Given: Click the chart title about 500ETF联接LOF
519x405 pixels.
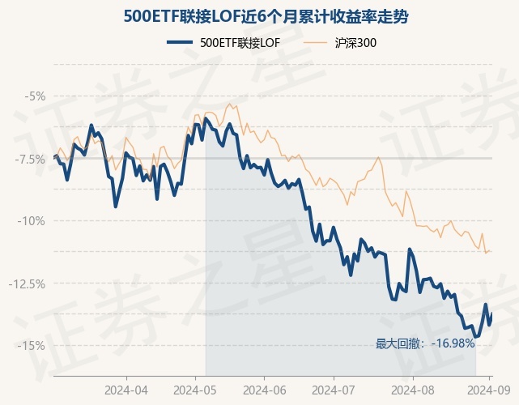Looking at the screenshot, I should click(x=259, y=15).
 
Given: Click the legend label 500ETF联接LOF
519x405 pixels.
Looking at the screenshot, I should click(x=240, y=43).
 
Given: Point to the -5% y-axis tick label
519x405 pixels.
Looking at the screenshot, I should click(x=35, y=96).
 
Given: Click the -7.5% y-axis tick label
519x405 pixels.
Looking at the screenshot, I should click(x=31, y=159).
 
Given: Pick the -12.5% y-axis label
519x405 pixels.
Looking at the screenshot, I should click(x=29, y=283).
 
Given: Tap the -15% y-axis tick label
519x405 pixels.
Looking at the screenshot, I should click(x=32, y=346).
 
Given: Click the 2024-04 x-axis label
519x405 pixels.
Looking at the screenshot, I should click(x=126, y=390).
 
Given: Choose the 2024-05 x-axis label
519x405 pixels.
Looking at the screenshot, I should click(x=196, y=390).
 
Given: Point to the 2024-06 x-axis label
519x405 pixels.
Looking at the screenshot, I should click(x=266, y=390).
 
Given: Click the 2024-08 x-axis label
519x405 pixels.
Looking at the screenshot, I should click(x=412, y=390).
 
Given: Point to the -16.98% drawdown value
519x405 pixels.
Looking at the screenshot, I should click(x=453, y=343).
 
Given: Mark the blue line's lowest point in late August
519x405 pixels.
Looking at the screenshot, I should click(x=475, y=337).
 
